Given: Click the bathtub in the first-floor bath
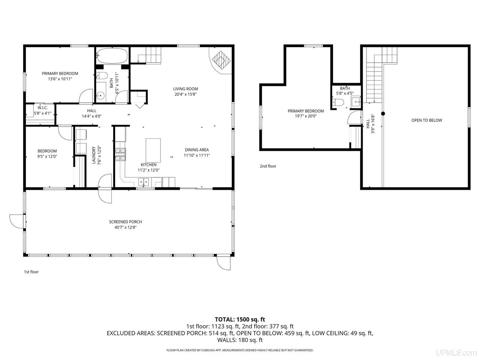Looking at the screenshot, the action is click(112, 55).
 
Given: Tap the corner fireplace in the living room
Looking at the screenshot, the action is click(220, 60).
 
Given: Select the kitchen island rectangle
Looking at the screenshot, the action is click(153, 150).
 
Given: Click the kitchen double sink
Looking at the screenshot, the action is click(144, 182).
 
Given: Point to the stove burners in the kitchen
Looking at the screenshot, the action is click(120, 154).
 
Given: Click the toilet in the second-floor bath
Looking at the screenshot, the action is click(338, 102).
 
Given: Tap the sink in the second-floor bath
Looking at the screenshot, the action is click(356, 102).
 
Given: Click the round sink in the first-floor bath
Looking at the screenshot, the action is click(100, 96).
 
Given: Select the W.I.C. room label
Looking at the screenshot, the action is click(42, 108).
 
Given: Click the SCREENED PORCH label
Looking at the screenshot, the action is click(125, 222).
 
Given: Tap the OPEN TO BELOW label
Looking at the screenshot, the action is click(426, 120).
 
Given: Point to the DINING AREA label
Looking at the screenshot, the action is click(196, 150).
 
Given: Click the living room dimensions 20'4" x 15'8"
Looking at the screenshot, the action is click(186, 94).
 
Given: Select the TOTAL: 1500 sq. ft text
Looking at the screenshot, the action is click(240, 319).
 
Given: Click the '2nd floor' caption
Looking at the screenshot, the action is click(268, 166).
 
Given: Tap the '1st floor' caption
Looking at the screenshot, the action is click(31, 272).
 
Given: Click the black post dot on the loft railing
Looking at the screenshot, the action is click(383, 114).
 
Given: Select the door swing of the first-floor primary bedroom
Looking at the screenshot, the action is click(86, 96).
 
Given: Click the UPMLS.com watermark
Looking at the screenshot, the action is click(456, 352).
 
